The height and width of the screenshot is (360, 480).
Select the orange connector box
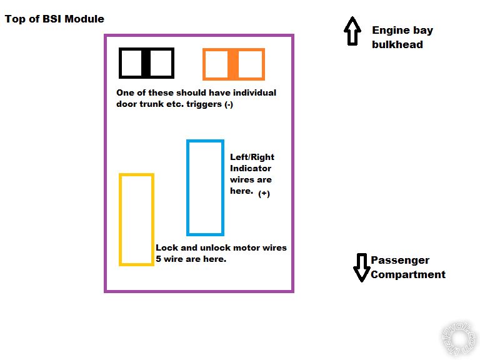point(233,64)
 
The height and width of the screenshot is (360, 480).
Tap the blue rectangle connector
point(188,187)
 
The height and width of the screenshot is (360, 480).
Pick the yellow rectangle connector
point(121,219)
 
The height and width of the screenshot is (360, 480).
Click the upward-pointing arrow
point(352,31)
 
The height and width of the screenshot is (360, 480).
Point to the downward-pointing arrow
point(361,267)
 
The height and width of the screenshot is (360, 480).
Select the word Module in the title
point(84,19)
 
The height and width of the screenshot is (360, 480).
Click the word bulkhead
point(397,44)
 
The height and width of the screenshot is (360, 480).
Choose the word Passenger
point(400,261)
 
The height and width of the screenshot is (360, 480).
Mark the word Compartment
point(408,274)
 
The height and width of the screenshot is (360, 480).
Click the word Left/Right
point(252,157)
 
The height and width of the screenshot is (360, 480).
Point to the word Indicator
point(251,168)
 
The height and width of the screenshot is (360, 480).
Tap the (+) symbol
point(264,194)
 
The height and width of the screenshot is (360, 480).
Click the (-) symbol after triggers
point(229,104)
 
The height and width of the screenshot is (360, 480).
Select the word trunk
point(151,104)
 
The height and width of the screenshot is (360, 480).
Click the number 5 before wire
point(158,259)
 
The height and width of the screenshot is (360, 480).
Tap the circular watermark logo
point(459,339)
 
